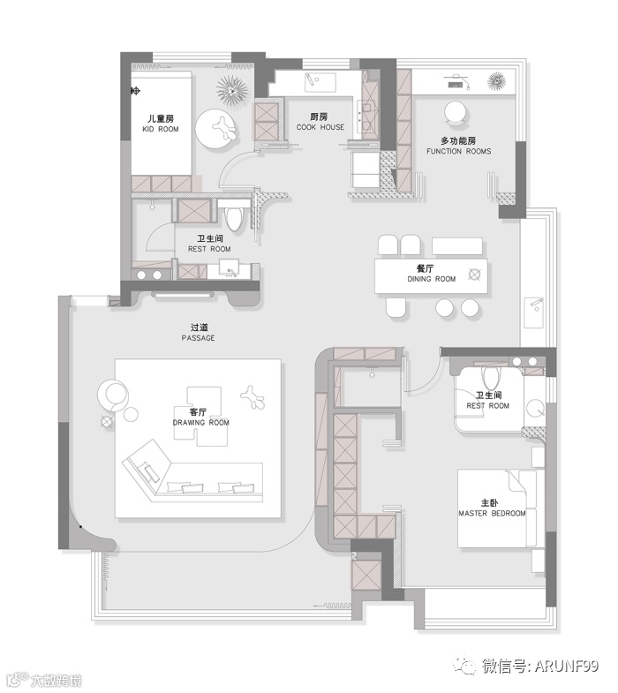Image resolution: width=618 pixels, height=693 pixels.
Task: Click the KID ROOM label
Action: (x=161, y=129)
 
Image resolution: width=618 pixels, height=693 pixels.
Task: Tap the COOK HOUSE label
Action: (x=320, y=127)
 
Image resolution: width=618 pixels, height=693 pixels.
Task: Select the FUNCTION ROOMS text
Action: (x=458, y=151)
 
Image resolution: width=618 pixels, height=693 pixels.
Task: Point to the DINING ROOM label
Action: (x=431, y=279)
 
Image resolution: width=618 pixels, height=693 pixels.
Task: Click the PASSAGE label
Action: (x=198, y=338)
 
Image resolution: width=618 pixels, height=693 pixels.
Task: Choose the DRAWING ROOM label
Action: (x=200, y=423)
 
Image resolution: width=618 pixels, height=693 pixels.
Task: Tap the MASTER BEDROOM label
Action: (x=492, y=513)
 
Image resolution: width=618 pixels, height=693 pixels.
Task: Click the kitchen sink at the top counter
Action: (x=320, y=83)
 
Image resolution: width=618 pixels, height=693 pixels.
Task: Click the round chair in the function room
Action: (x=456, y=112)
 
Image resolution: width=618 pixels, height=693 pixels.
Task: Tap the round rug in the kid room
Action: (x=217, y=129)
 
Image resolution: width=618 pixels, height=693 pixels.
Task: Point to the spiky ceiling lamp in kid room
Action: (x=232, y=91)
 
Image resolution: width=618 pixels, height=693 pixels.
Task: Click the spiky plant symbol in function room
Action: (x=497, y=81)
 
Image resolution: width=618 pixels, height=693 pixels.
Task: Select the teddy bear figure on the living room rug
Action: (x=252, y=396)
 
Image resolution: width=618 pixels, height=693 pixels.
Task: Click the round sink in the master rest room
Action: (x=536, y=409)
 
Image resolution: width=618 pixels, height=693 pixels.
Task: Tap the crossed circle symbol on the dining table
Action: (x=474, y=275)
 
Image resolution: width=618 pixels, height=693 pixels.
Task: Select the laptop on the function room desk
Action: (x=456, y=84)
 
